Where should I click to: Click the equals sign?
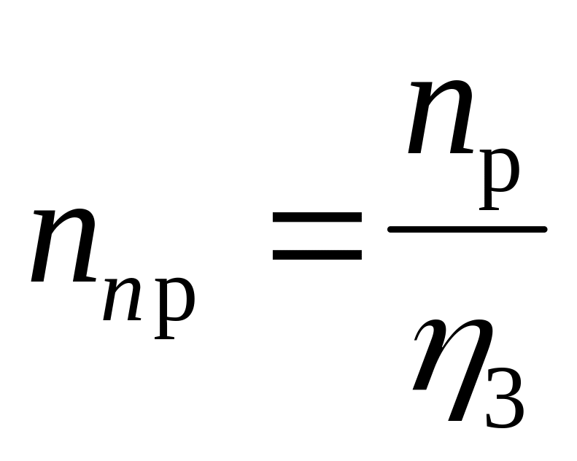click(x=317, y=236)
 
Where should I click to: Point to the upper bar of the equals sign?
click(x=317, y=217)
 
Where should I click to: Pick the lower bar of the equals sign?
click(x=317, y=255)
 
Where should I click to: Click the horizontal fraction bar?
click(x=467, y=230)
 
